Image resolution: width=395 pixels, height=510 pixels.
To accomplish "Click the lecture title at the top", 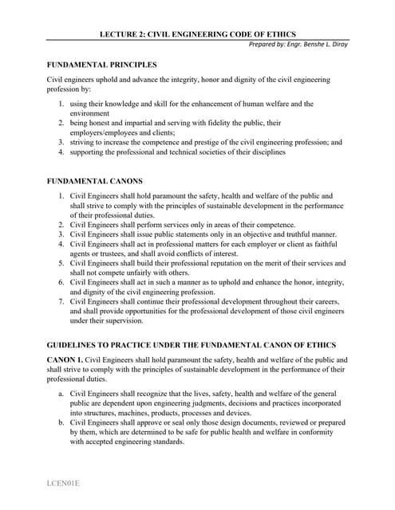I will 197,35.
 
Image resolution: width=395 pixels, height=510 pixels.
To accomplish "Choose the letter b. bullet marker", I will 61,422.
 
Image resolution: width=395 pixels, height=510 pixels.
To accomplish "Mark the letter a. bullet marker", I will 61,394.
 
